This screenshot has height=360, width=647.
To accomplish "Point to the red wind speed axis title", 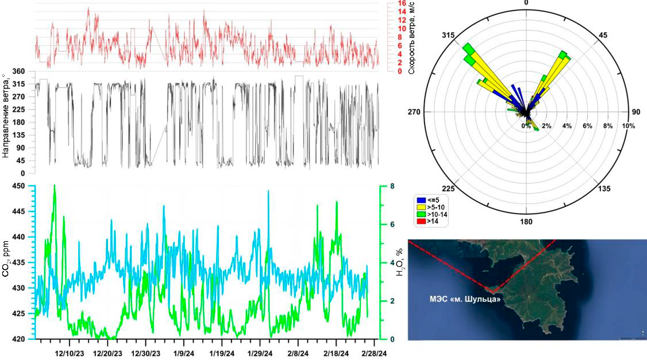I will tap(411, 38).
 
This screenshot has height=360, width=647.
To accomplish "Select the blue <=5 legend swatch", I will tap(419, 201).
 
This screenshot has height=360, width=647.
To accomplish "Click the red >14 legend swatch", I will tap(419, 220).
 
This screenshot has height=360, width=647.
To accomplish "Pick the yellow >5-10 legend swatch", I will tap(419, 207).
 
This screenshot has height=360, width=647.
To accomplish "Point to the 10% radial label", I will tap(627, 126).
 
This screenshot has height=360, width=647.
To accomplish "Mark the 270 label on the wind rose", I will tap(426, 112).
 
